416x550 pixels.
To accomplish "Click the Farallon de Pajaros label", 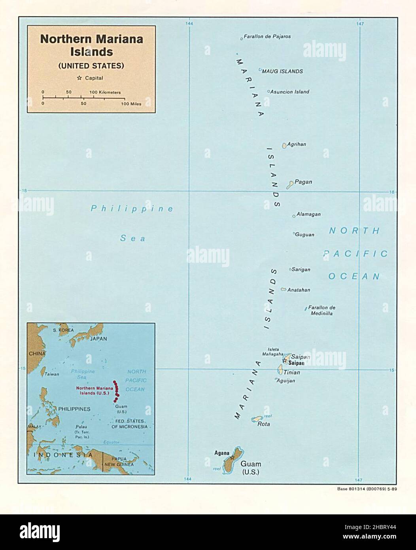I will coord(267,36).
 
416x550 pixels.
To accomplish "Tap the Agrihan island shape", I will coord(284,146).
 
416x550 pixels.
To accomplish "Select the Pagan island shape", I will coord(290,184).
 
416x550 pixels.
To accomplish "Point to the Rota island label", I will coord(263,424).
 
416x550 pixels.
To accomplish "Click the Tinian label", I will coord(291,372).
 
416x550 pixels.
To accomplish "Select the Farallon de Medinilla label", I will coord(321,310).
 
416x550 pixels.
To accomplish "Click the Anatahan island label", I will coord(299,290).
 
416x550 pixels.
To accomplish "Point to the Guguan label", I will coord(305,235).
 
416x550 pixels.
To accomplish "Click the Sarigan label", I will coord(301,269).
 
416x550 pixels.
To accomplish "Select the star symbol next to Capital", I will coord(79,78).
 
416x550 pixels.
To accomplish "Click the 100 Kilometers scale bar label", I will coord(105,92).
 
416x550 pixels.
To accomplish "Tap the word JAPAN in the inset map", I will coord(98,339).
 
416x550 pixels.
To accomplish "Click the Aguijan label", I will coord(286,381).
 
